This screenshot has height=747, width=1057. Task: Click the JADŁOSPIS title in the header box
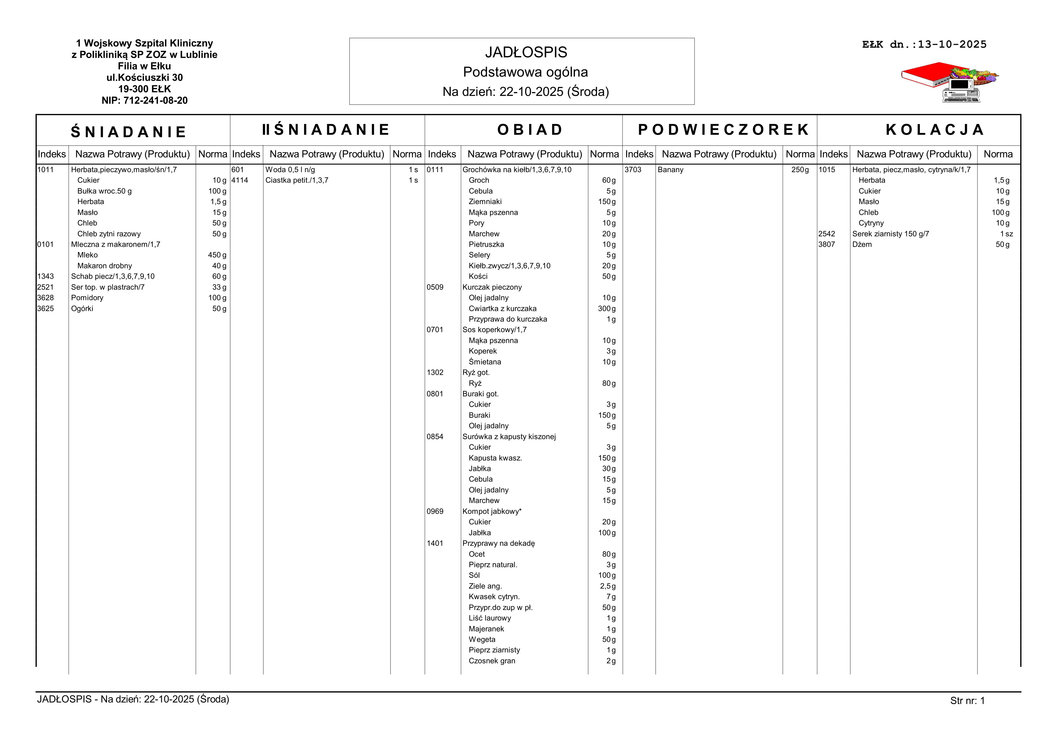point(526,52)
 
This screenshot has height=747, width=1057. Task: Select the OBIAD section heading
point(530,130)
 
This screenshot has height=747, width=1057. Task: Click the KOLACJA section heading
point(935,130)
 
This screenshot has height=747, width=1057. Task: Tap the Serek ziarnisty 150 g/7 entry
point(890,234)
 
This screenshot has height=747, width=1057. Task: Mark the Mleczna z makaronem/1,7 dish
point(115,244)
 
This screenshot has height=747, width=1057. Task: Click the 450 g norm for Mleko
point(217,255)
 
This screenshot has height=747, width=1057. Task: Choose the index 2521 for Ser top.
point(45,287)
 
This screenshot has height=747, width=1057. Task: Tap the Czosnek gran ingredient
point(492,661)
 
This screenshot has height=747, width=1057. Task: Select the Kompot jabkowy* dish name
point(492,511)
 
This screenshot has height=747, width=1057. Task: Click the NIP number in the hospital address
point(145,100)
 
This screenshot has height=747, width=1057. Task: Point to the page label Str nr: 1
point(967,701)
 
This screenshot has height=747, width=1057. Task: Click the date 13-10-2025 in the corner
point(952,45)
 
